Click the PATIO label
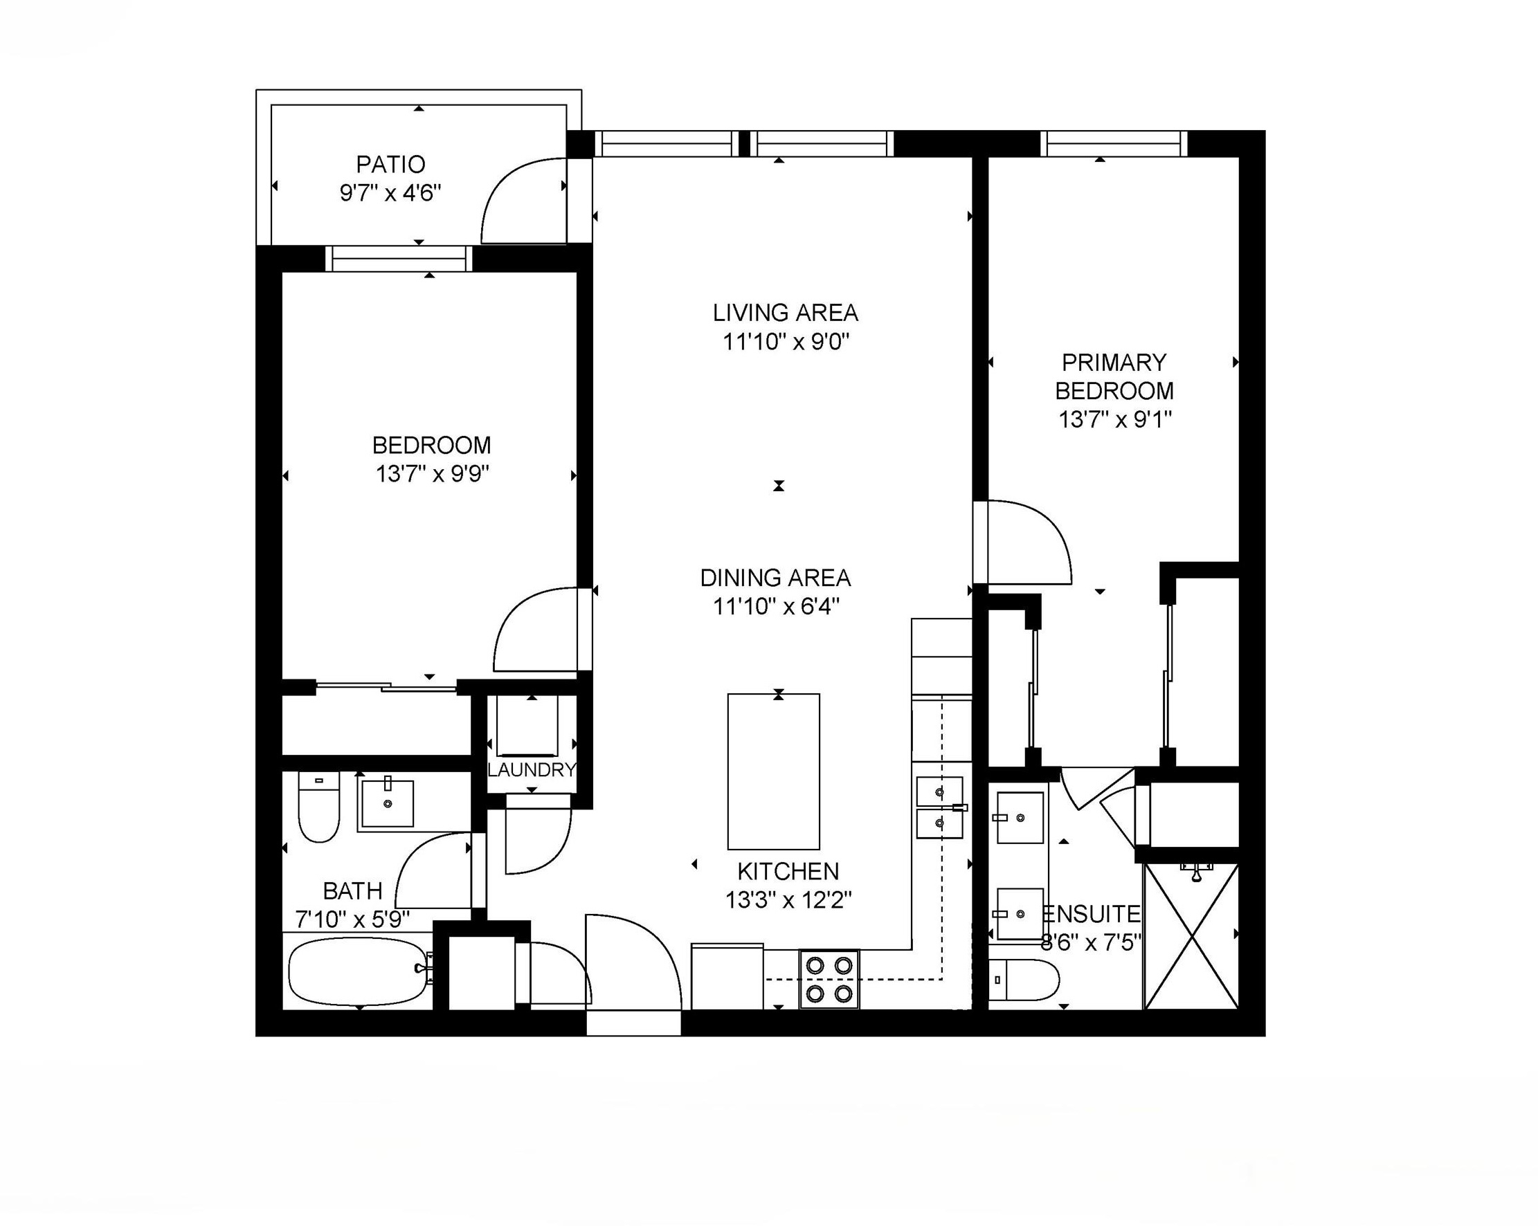[x=390, y=165]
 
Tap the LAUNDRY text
[x=532, y=769]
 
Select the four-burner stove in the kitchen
[x=829, y=979]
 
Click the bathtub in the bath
[x=358, y=971]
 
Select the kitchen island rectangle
[x=773, y=771]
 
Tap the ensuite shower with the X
[x=1191, y=935]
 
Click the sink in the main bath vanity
[x=388, y=804]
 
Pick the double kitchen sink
[x=939, y=807]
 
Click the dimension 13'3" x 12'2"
[x=788, y=901]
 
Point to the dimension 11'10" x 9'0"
[x=786, y=342]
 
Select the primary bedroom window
[x=1114, y=143]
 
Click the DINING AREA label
[x=775, y=578]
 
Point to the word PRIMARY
[x=1114, y=363]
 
